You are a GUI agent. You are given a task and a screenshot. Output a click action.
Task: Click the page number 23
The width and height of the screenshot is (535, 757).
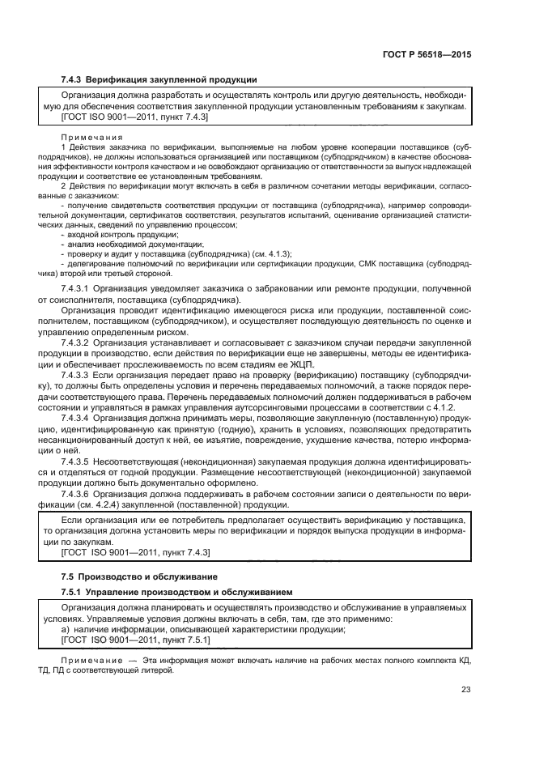(x=465, y=690)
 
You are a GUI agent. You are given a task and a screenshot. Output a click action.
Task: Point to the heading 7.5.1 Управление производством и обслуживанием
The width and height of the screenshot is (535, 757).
(x=175, y=593)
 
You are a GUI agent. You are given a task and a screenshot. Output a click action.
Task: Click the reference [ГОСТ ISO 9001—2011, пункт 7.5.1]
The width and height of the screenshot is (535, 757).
(x=135, y=640)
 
